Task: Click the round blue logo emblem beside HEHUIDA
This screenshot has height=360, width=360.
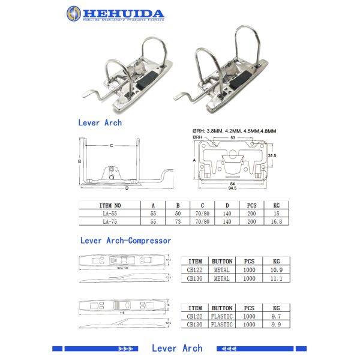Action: click(x=74, y=13)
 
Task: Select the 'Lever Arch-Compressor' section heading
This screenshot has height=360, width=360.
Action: click(x=125, y=241)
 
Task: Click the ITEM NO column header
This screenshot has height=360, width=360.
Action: click(x=109, y=205)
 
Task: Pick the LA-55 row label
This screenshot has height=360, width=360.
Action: click(x=109, y=213)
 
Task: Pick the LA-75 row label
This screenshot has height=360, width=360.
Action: click(x=109, y=221)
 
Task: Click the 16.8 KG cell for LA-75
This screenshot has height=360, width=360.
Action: click(x=276, y=221)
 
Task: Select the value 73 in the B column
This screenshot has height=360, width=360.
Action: click(x=178, y=221)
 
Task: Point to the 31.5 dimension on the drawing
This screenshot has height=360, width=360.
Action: click(x=271, y=155)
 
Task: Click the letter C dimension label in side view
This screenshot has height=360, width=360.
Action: click(x=112, y=145)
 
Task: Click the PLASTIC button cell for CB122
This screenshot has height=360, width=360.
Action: click(x=222, y=316)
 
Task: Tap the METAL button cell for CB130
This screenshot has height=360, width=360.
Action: click(x=222, y=278)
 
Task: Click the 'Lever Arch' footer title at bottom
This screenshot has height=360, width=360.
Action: click(x=177, y=349)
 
